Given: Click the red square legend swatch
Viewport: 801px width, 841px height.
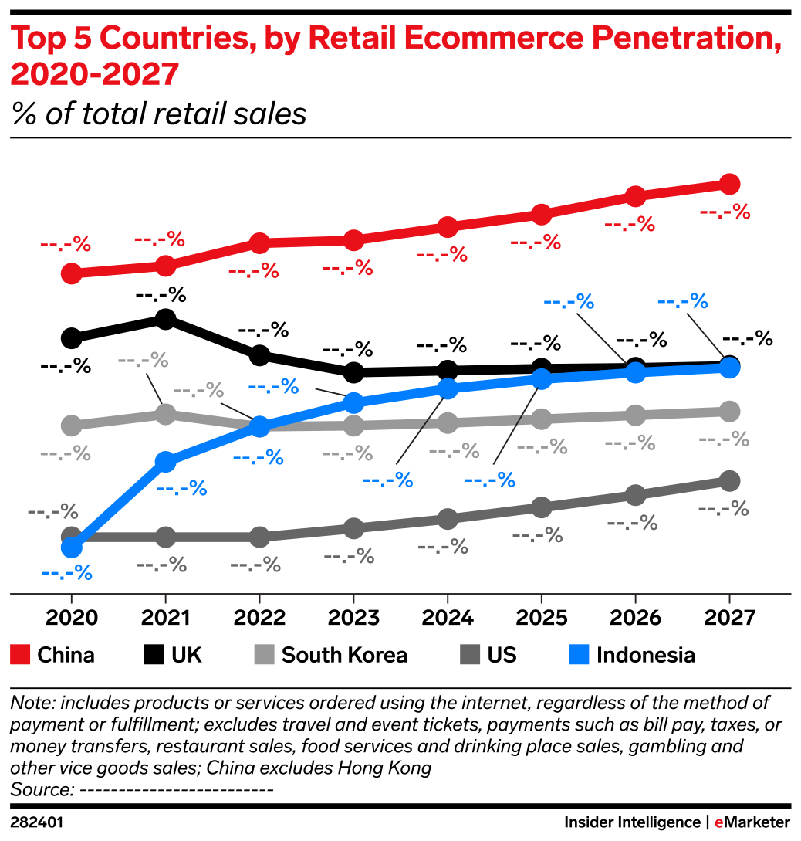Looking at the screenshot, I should (20, 655).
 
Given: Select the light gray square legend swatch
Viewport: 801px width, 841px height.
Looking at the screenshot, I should (264, 655).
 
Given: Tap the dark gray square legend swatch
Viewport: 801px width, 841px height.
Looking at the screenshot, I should (470, 655).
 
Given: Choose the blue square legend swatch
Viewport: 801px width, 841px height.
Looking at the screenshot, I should (579, 655).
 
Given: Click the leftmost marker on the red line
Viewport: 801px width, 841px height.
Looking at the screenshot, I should (71, 273).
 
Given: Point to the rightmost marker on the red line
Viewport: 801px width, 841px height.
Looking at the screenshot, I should (729, 185).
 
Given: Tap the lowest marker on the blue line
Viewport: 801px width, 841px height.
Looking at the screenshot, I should (71, 548).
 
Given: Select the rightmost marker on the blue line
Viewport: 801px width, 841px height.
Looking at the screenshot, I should (729, 368).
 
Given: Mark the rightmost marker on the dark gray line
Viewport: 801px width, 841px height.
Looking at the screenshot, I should (729, 481).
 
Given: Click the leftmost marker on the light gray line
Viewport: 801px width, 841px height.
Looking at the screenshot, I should (71, 425).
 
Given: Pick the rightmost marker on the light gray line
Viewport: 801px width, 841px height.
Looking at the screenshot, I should (729, 411).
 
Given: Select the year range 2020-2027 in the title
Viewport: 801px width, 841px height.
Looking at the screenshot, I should (94, 75).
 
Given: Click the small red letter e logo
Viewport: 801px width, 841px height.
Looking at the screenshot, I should (718, 823).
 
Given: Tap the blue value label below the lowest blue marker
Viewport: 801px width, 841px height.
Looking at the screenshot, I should (66, 574).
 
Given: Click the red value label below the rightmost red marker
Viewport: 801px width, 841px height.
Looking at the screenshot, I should (725, 212).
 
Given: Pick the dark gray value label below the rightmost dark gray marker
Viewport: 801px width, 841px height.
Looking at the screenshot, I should (723, 509).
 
